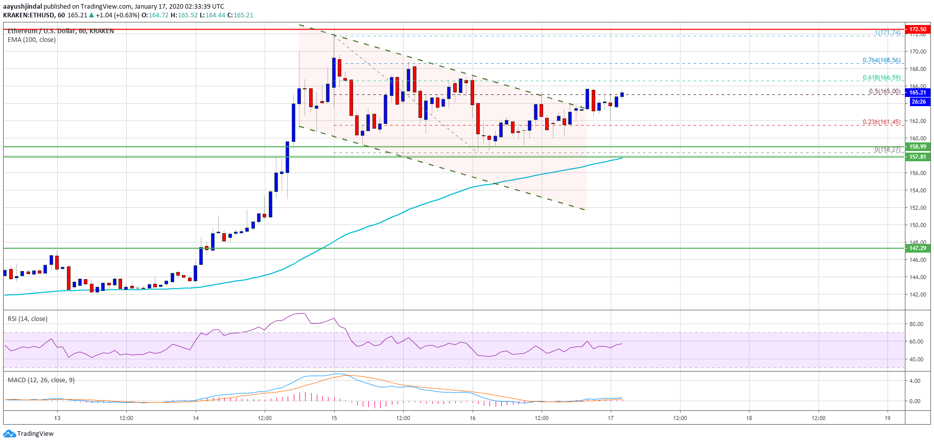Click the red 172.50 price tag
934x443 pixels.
click(917, 29)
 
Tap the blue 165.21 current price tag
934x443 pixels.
click(917, 92)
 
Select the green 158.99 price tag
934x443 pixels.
click(917, 146)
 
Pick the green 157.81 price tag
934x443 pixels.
click(917, 157)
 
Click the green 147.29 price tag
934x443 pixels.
click(917, 248)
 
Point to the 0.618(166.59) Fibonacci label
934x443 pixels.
click(881, 78)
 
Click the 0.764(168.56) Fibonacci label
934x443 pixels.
click(881, 60)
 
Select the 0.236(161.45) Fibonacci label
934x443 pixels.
click(881, 122)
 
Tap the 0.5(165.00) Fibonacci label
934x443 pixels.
click(884, 91)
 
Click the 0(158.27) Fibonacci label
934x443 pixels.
click(887, 150)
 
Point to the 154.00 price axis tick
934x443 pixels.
click(917, 190)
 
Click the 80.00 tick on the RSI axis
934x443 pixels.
click(916, 324)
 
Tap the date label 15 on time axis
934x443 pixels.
click(334, 418)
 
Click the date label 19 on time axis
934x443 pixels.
click(888, 418)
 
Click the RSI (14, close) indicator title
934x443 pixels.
click(28, 319)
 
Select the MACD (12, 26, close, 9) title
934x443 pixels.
click(41, 380)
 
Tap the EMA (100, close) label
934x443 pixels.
click(32, 40)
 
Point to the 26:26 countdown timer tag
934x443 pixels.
click(918, 102)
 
